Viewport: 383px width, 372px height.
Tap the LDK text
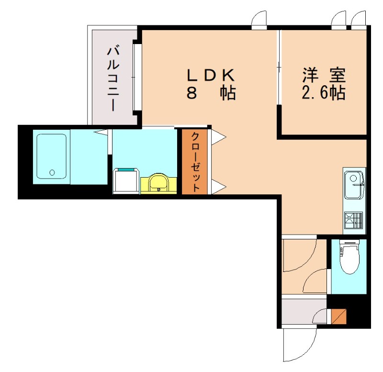[x=210, y=75]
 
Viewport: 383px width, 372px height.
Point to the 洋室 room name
[x=324, y=75]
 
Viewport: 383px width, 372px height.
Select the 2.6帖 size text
[x=324, y=93]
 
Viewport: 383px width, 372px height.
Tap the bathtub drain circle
[x=52, y=172]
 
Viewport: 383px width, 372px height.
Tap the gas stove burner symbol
[x=354, y=219]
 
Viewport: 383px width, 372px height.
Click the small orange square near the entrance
[x=339, y=316]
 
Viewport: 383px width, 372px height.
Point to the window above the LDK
[x=259, y=19]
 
